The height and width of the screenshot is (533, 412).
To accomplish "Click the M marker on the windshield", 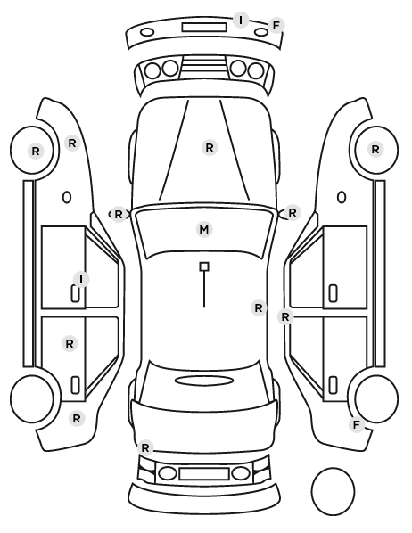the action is pyautogui.click(x=204, y=230).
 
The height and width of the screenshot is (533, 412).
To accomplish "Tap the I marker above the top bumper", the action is pyautogui.click(x=241, y=20).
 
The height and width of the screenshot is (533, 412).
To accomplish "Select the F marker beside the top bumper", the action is pyautogui.click(x=276, y=25).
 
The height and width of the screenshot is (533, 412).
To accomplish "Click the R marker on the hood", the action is pyautogui.click(x=210, y=148).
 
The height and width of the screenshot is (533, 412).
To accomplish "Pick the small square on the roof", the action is pyautogui.click(x=204, y=266).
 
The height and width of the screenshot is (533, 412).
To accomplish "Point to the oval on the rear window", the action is pyautogui.click(x=204, y=381).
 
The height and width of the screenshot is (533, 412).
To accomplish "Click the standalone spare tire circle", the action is pyautogui.click(x=333, y=491).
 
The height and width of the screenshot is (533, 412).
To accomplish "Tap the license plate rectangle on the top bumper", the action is pyautogui.click(x=204, y=28).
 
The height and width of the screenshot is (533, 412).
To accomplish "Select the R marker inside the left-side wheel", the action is pyautogui.click(x=36, y=151).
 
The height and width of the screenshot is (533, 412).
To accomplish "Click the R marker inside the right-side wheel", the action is pyautogui.click(x=375, y=149).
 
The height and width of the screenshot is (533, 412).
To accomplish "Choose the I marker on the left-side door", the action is pyautogui.click(x=81, y=279).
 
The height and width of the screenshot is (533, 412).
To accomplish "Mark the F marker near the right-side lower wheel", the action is pyautogui.click(x=357, y=424).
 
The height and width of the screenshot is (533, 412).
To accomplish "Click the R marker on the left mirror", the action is pyautogui.click(x=118, y=215).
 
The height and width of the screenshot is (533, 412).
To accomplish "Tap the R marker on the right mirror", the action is pyautogui.click(x=293, y=213).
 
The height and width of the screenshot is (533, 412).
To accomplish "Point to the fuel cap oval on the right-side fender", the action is pyautogui.click(x=342, y=198).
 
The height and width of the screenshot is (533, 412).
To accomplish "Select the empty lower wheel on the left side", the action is pyautogui.click(x=32, y=398).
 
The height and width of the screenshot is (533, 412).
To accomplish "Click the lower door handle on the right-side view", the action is pyautogui.click(x=333, y=385).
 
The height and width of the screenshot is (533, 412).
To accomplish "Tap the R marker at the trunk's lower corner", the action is pyautogui.click(x=145, y=448).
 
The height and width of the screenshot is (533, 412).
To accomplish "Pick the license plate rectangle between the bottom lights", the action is pyautogui.click(x=204, y=474).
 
